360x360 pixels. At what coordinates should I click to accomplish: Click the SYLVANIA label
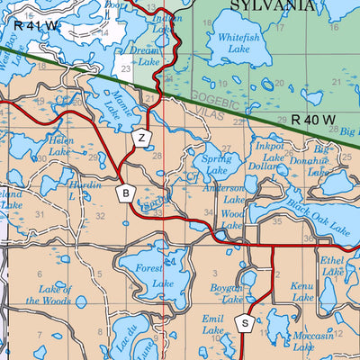273,5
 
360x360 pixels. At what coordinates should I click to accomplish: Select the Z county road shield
141,139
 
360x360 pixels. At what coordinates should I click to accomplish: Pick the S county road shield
243,323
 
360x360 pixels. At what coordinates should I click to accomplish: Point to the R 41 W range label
37,27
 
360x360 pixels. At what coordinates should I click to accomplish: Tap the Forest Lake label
155,275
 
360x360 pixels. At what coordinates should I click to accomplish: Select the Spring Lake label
216,163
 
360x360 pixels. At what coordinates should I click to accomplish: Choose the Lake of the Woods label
49,294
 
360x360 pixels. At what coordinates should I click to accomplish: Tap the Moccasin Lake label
314,339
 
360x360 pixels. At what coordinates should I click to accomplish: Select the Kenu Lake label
302,291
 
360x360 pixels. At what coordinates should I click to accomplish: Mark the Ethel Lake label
332,265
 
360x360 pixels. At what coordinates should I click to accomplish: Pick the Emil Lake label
212,325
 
